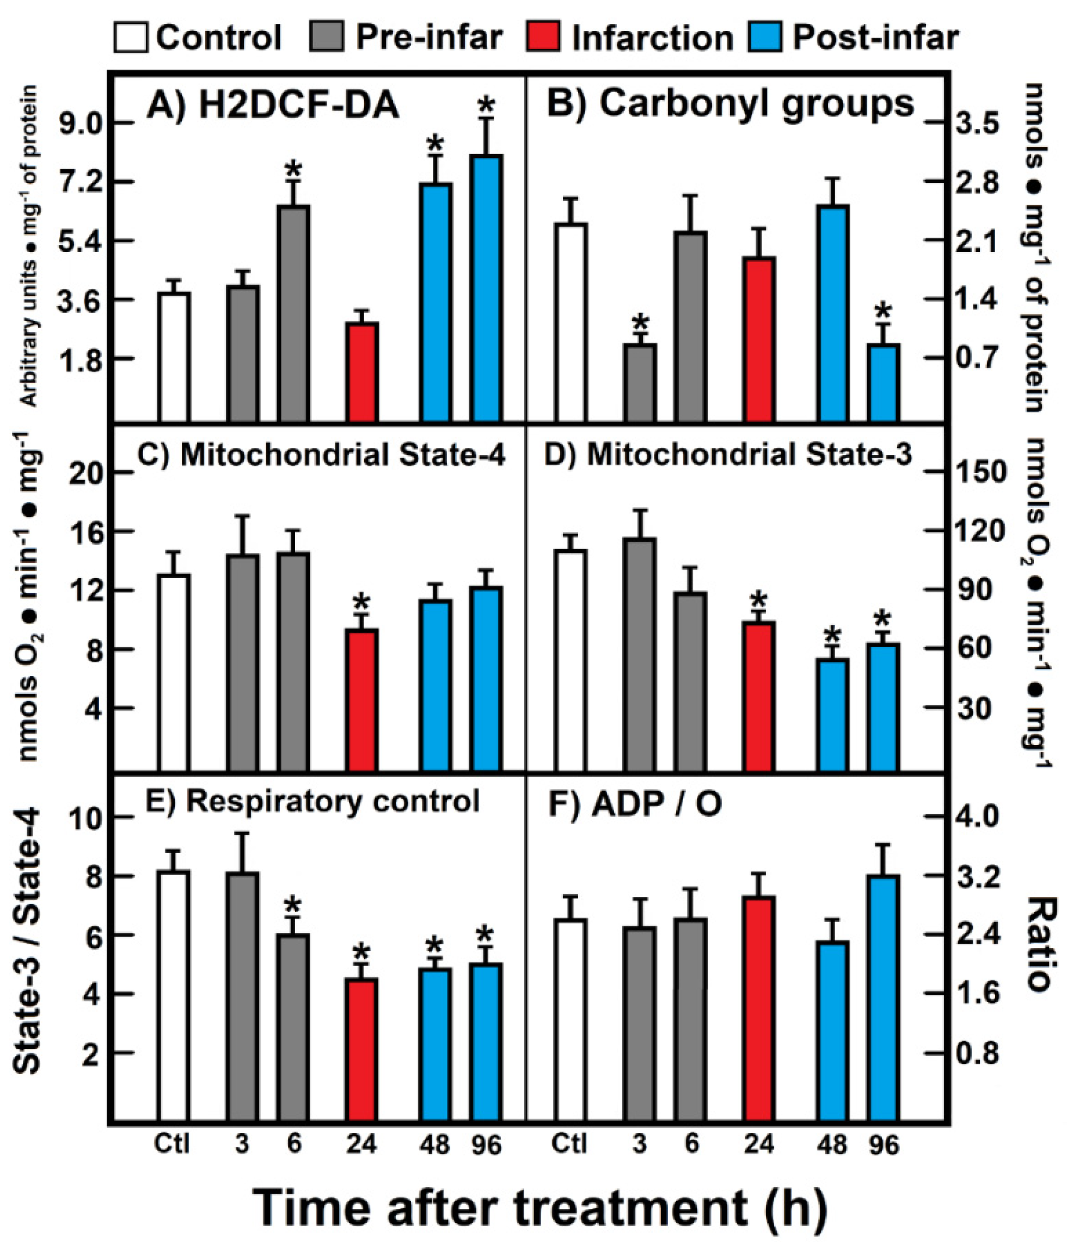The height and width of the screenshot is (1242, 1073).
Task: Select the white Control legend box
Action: (130, 37)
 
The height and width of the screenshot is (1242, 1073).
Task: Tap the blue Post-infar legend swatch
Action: (765, 37)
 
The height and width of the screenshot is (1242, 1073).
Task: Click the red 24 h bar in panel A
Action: (362, 372)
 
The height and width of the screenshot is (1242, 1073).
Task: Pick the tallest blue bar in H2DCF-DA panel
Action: (486, 288)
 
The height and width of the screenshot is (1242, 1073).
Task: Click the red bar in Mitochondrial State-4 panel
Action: (362, 699)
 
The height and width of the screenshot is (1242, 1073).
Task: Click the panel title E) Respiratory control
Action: (312, 801)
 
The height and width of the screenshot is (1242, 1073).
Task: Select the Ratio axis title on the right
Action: (1040, 944)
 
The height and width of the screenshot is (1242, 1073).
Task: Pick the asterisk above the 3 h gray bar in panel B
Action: (640, 324)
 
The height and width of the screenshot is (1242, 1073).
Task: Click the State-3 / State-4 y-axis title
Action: (27, 941)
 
